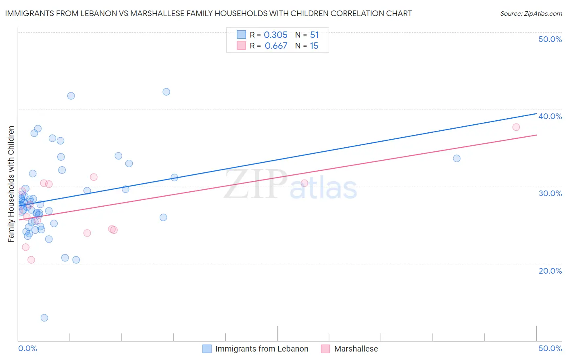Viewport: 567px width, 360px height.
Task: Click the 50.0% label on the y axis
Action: (550, 39)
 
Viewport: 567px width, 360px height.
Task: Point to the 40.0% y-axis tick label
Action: (550, 116)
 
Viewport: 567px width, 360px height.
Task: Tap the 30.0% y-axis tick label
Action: (550, 193)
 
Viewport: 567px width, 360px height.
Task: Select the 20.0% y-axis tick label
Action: (550, 271)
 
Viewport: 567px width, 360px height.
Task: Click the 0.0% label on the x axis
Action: (27, 348)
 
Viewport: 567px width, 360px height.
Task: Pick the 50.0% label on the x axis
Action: (550, 348)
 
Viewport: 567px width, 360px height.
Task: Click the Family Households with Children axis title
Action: (11, 184)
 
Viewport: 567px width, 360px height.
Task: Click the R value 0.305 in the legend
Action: (275, 35)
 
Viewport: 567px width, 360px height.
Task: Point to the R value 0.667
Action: (276, 46)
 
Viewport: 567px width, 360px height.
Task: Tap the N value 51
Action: (314, 35)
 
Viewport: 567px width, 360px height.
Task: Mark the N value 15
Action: (314, 46)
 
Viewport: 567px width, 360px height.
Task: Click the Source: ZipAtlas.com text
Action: (531, 14)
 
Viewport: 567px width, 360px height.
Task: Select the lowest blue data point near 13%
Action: (44, 318)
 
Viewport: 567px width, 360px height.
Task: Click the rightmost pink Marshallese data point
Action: (516, 127)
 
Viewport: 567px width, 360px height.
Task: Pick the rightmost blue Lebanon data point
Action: (457, 158)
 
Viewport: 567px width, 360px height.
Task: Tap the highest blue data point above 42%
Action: (166, 92)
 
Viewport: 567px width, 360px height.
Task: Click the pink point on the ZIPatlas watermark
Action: (304, 183)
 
